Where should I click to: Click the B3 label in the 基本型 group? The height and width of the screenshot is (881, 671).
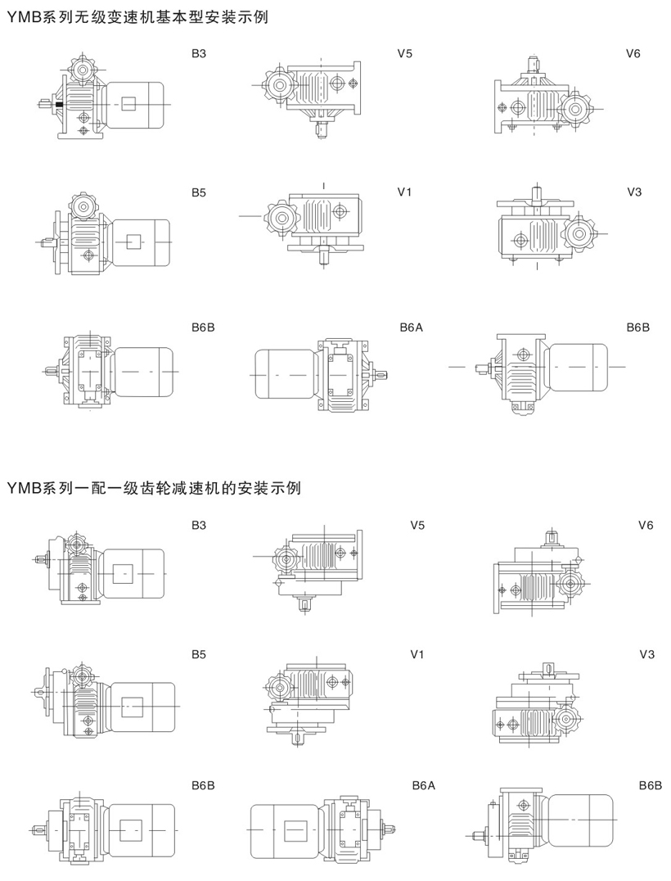coord(199,54)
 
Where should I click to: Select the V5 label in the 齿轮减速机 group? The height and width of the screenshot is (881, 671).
coord(417,526)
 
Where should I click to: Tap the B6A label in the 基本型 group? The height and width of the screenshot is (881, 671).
coord(411,328)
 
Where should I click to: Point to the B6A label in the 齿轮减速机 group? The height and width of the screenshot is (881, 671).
coord(423,785)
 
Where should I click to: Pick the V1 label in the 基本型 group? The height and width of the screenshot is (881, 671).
coord(404,192)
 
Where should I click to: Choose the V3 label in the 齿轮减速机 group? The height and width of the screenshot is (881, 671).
coord(646,654)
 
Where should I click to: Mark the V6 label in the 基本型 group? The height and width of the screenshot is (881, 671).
coord(633,54)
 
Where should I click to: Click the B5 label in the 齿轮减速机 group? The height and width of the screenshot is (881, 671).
coord(199,654)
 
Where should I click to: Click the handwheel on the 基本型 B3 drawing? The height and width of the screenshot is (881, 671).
coord(83,70)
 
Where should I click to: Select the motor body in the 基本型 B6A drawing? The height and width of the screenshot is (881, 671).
coord(287,372)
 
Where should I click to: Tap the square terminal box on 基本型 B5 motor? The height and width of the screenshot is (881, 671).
coord(133,242)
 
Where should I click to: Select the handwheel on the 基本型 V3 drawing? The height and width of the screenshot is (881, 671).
coord(579,235)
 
